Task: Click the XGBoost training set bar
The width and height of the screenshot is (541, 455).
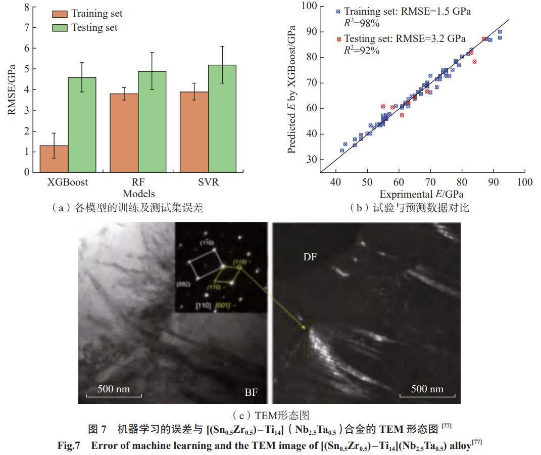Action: [x=54, y=159]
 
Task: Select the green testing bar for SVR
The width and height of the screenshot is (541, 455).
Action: [x=222, y=118]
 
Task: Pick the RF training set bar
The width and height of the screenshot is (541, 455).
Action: [x=124, y=132]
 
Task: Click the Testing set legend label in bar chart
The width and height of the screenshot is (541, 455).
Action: [x=94, y=28]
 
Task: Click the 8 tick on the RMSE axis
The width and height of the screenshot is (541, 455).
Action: [x=26, y=8]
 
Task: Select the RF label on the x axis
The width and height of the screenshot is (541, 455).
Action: [x=138, y=183]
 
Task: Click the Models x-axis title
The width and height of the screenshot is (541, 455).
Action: [x=138, y=194]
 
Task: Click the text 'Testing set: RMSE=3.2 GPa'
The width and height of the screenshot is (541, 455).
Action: [x=405, y=38]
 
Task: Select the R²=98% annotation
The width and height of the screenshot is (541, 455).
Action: [x=362, y=23]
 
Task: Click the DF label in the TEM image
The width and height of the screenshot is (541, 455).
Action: [x=310, y=257]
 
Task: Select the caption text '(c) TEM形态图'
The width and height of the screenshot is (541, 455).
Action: [x=270, y=416]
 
